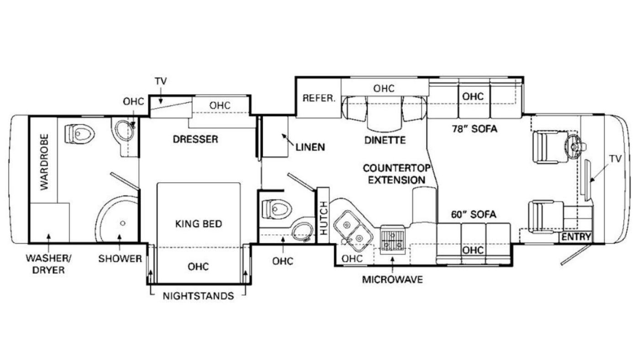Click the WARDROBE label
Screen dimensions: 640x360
point(45,162)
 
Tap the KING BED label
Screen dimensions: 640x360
point(198,224)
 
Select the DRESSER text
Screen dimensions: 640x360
point(196,139)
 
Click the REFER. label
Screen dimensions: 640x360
point(319,99)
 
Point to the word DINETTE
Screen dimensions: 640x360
point(385,140)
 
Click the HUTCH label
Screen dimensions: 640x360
point(324,218)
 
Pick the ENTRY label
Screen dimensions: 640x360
point(576,237)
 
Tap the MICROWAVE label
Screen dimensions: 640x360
point(392,280)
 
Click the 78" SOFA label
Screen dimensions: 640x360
point(475,129)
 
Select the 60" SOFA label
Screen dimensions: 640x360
point(474,214)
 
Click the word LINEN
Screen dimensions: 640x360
point(310,147)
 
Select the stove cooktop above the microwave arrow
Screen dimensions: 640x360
point(393,239)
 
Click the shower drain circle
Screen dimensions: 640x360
point(123,223)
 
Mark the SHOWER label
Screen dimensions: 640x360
point(120,259)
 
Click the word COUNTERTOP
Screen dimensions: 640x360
point(397,169)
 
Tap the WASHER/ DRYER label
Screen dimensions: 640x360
point(48,265)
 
